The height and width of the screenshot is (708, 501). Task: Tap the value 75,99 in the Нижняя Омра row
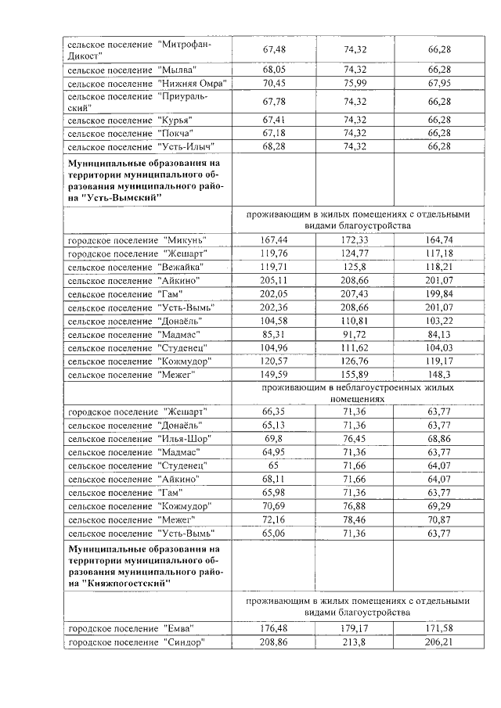(x=355, y=83)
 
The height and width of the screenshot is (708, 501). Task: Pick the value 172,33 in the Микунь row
(x=355, y=239)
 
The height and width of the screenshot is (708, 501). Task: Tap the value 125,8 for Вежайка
(x=355, y=266)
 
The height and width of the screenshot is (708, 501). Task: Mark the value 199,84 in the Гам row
(x=439, y=293)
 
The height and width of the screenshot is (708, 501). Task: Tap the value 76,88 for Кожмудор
(x=355, y=506)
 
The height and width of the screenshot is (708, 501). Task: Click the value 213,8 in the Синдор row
(x=355, y=642)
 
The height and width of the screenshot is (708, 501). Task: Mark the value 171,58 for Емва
(x=439, y=628)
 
